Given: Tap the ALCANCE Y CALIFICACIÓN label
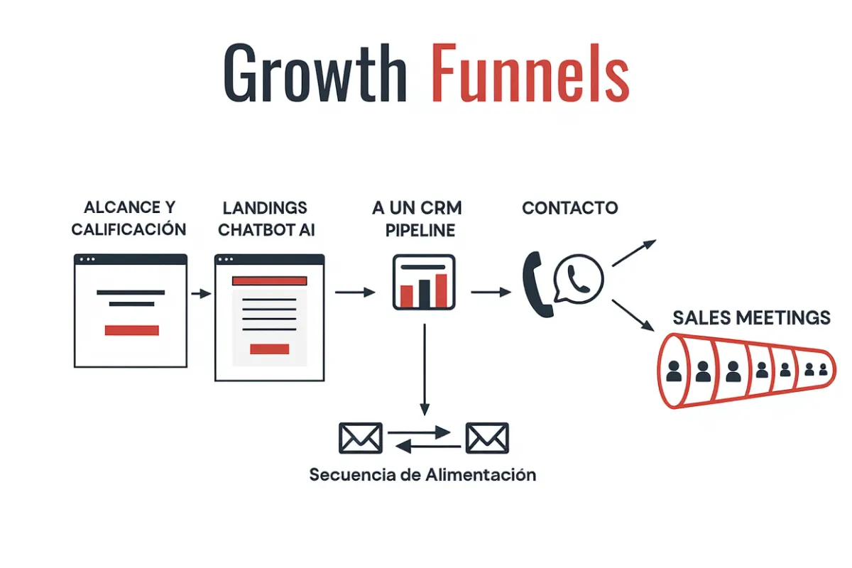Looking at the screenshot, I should click(129, 219).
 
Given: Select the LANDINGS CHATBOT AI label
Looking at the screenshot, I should click(266, 219).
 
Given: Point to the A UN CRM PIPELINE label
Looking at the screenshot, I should click(417, 219).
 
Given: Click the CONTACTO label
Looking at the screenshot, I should click(569, 208).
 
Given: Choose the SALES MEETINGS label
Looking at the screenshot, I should click(751, 317).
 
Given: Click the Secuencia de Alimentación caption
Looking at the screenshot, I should click(422, 474).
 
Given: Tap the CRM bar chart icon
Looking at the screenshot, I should click(424, 282).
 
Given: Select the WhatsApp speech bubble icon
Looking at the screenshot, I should click(578, 279).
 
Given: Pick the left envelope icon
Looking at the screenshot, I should click(361, 437).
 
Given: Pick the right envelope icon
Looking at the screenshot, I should click(486, 437).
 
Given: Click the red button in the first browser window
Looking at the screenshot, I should click(131, 330).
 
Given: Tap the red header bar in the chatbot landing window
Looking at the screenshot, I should click(270, 281).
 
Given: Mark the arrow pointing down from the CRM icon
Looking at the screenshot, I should click(424, 369).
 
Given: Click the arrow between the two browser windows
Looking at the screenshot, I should click(201, 293).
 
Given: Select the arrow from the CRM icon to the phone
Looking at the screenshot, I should click(491, 291).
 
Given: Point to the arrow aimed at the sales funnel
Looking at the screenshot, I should click(633, 315).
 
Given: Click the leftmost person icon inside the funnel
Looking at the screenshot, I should click(674, 371).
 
